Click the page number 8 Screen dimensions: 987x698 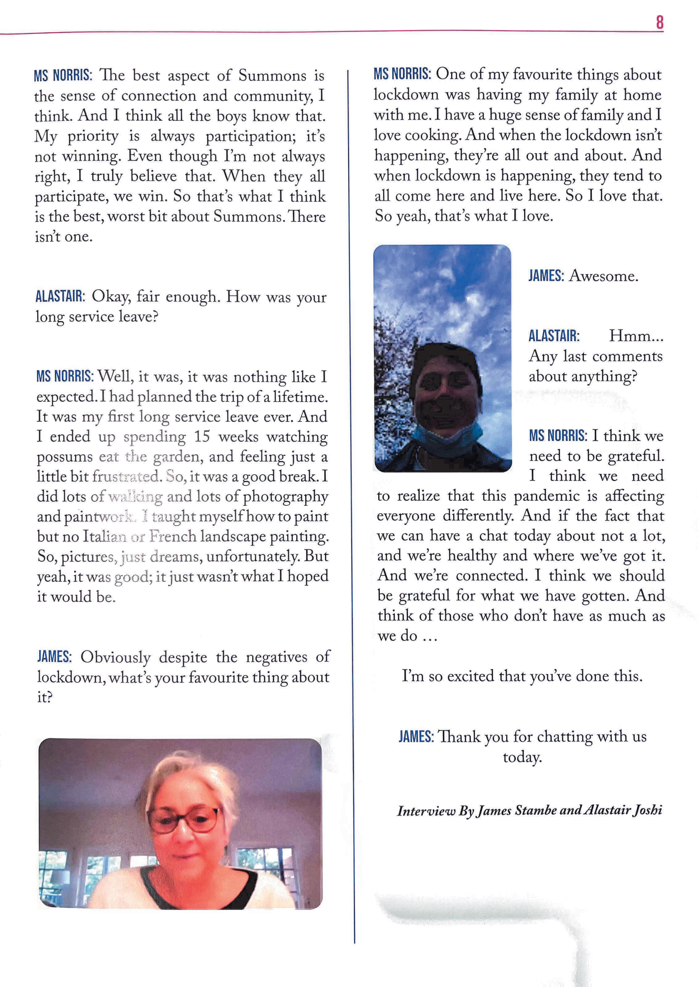[660, 22]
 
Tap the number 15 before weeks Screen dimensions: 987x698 [202, 437]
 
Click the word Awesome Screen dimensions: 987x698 [603, 276]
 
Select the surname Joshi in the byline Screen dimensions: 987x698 [647, 811]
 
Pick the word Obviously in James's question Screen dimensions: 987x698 [116, 658]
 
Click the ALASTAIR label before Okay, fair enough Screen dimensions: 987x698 [60, 297]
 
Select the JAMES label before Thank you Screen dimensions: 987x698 [415, 737]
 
